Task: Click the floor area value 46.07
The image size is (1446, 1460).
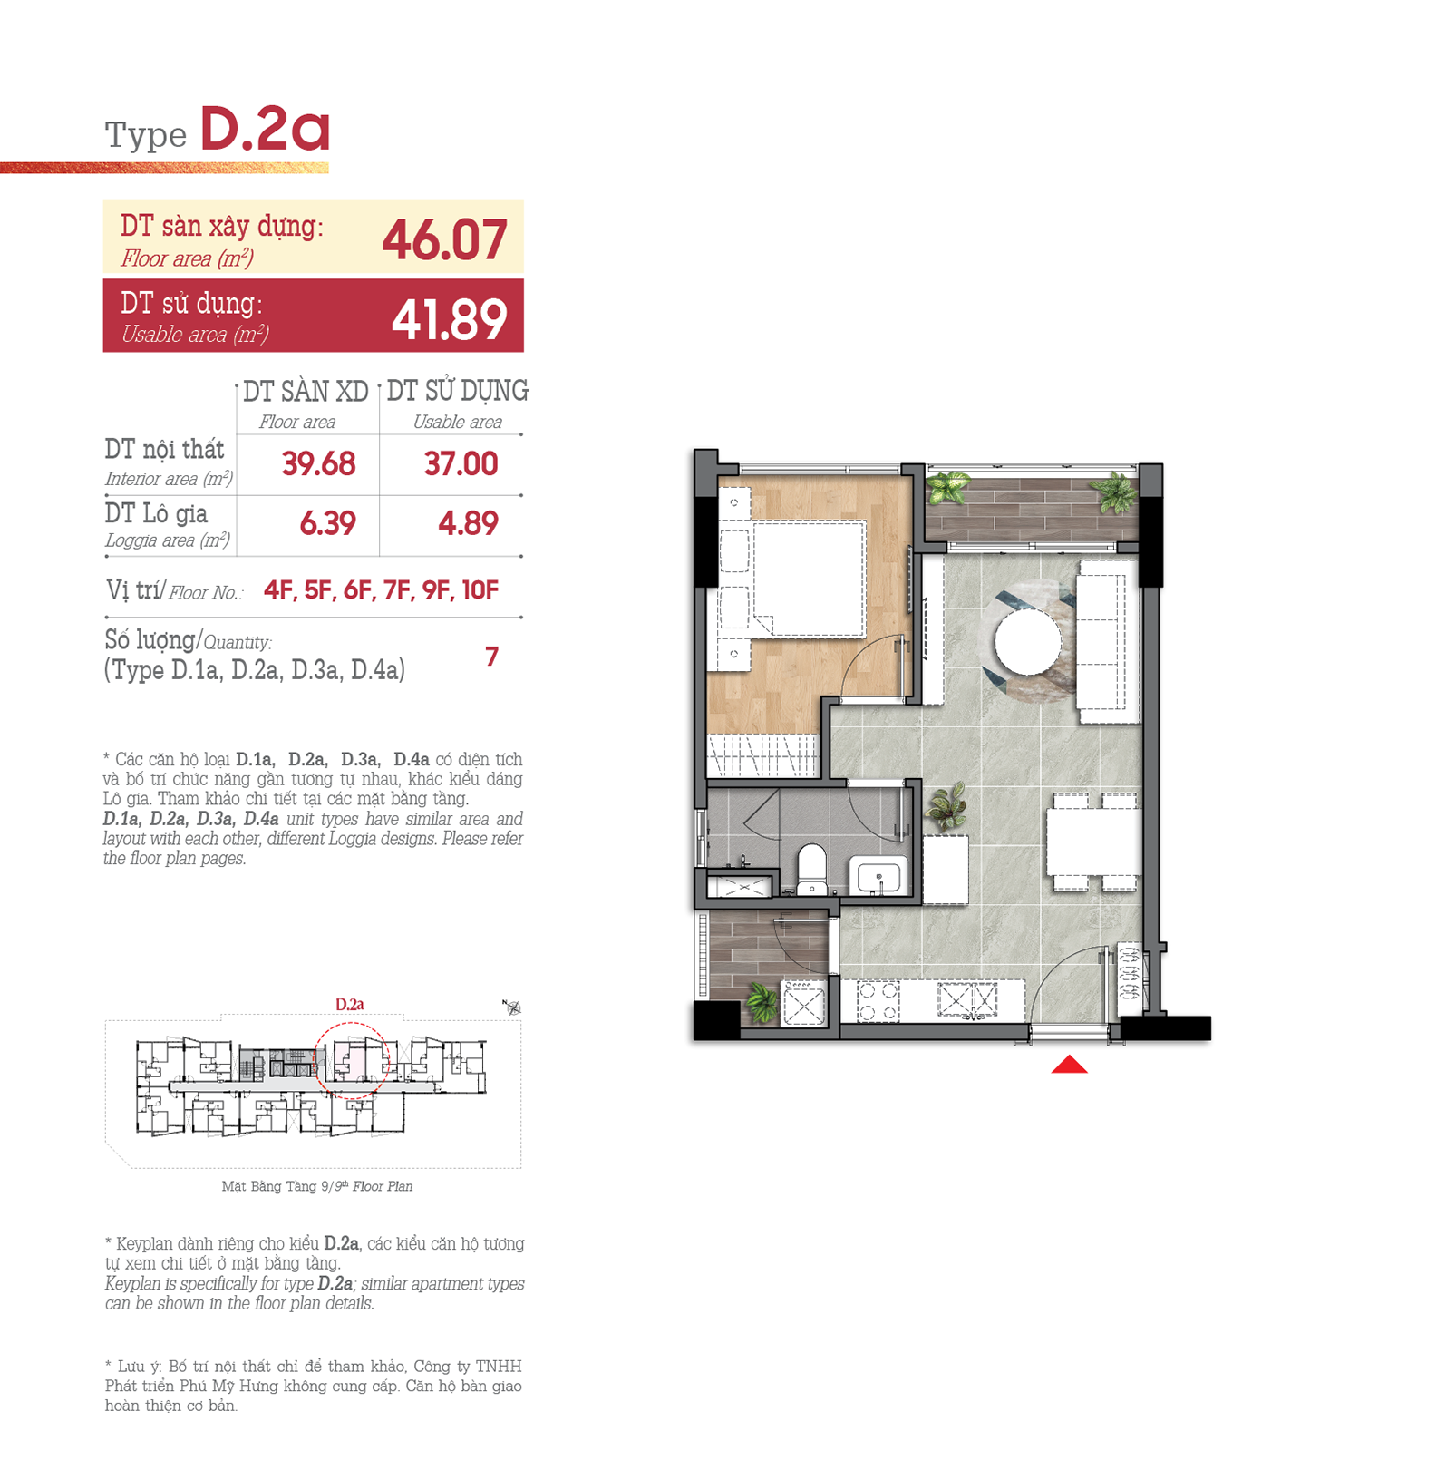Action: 444,240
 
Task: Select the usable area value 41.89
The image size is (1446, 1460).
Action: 449,319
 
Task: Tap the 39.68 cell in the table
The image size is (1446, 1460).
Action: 318,464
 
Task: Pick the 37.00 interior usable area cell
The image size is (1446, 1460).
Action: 461,464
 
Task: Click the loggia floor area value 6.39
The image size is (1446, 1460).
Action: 327,523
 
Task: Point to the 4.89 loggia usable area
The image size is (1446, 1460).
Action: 468,523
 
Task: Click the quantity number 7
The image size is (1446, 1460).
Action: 491,656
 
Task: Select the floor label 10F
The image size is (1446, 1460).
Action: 480,591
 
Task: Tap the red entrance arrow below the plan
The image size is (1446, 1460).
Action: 1069,1065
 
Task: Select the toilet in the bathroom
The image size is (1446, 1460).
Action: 811,868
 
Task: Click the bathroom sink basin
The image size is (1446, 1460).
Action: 878,877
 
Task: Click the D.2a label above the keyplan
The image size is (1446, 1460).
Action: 349,1005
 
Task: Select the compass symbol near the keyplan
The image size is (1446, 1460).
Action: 512,1007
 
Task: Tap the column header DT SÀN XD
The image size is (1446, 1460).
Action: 306,392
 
